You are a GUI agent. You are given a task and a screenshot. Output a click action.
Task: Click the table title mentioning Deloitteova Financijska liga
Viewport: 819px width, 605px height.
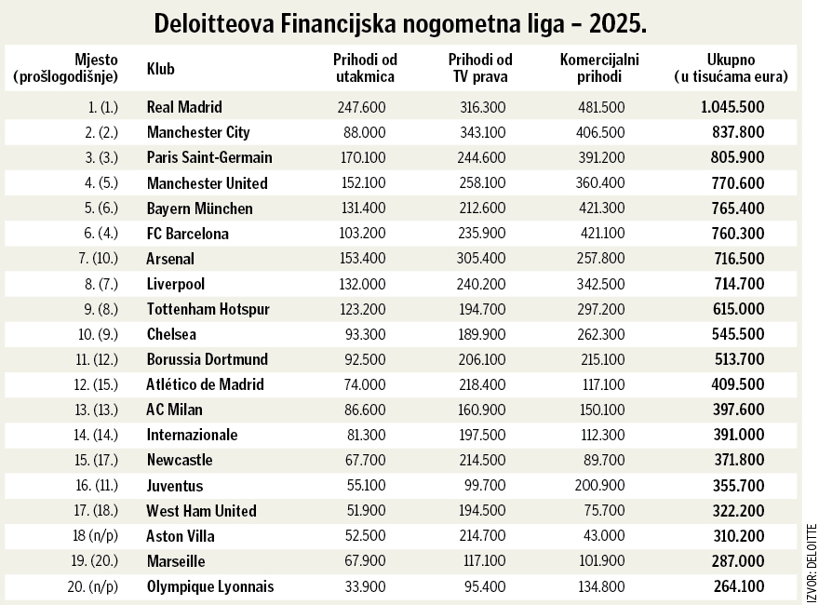click(x=401, y=22)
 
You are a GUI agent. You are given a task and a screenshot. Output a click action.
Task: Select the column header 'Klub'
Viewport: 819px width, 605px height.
click(x=161, y=69)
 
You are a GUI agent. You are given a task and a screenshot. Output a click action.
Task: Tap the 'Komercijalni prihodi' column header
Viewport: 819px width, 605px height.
click(x=592, y=69)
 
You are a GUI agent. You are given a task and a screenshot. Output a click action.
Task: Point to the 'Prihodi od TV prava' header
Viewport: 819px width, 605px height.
click(x=480, y=69)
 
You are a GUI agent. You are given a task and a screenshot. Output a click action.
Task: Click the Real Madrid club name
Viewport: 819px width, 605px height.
click(x=184, y=107)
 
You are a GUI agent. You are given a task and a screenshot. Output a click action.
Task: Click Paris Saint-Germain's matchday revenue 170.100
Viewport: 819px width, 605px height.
click(x=362, y=157)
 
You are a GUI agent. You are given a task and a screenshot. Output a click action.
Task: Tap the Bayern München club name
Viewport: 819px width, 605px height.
click(x=199, y=208)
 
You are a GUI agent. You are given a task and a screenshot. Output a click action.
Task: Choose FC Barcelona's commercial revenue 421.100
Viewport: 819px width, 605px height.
click(x=601, y=234)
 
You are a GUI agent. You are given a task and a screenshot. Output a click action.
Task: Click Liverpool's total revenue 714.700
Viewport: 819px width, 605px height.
click(x=738, y=284)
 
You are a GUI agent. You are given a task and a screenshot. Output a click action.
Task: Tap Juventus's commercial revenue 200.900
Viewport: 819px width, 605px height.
click(x=601, y=486)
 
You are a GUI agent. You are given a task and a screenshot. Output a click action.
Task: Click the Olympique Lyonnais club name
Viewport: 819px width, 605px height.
click(x=210, y=586)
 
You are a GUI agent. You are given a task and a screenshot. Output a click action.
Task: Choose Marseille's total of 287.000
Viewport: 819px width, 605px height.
click(x=738, y=561)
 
